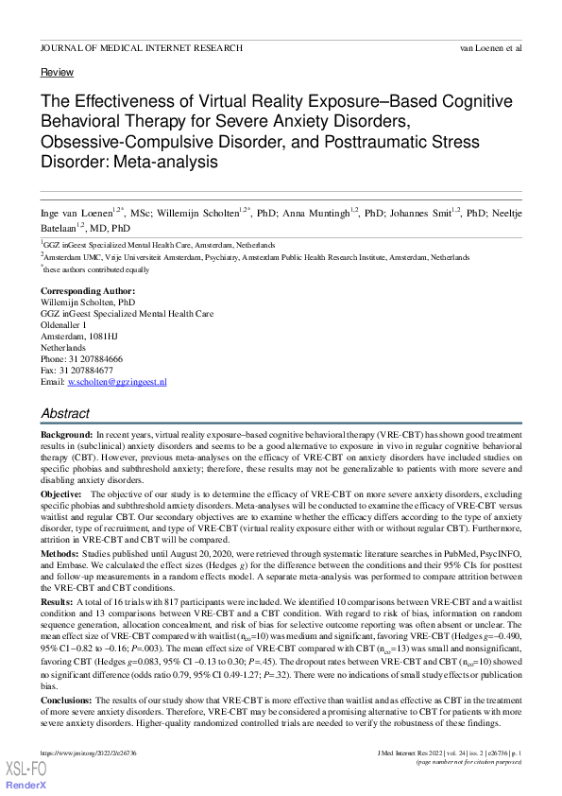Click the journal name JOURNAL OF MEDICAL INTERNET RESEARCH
pos(142,46)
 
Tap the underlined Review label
pos(57,72)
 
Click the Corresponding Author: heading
pos(88,290)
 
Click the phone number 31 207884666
pos(97,358)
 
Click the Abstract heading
pos(65,413)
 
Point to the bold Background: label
pos(67,433)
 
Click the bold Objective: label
pos(61,494)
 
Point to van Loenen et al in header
pos(490,46)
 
